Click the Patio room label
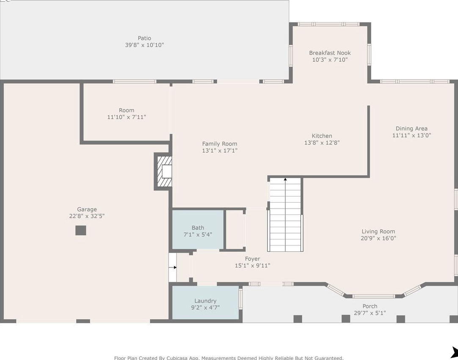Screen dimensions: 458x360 144,38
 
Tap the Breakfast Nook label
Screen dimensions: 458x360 330,53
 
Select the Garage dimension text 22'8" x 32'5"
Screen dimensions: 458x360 87,216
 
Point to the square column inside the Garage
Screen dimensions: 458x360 80,231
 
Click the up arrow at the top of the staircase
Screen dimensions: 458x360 285,179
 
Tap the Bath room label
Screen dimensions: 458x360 198,228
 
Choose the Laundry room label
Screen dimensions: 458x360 205,301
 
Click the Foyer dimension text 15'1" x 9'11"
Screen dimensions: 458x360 252,265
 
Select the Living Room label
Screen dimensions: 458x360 378,231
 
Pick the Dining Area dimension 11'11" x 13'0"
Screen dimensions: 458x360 411,135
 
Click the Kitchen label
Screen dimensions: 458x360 322,136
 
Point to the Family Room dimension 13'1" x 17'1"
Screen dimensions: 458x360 220,150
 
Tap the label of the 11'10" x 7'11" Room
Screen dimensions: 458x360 127,110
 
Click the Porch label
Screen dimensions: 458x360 370,306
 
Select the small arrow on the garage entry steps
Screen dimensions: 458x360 174,267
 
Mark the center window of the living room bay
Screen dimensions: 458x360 374,297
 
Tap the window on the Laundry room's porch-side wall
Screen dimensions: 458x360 241,299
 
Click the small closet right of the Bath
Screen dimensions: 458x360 235,229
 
